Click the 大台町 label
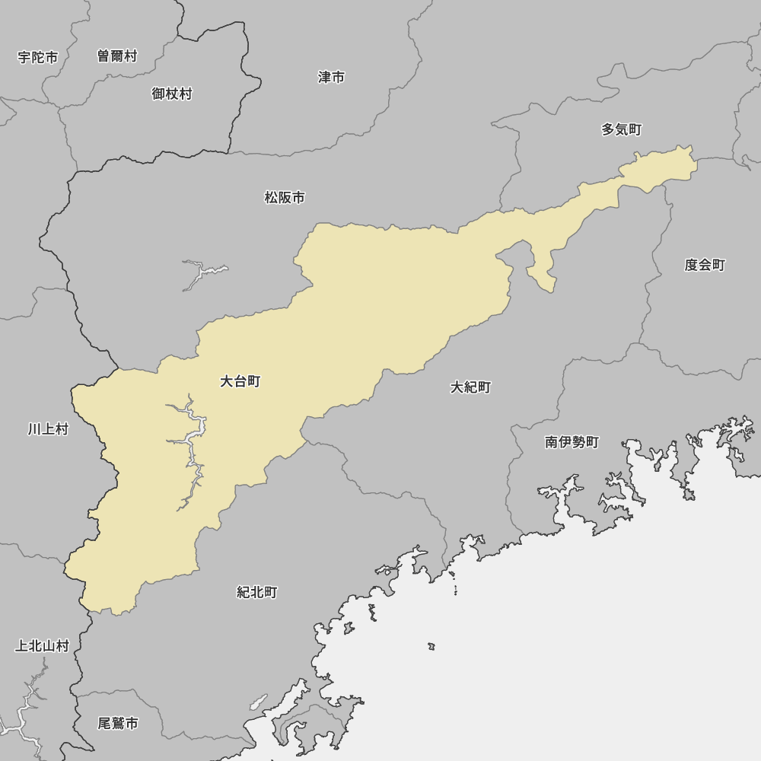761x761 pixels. point(240,381)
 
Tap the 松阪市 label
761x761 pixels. point(285,198)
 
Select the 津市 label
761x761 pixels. point(331,77)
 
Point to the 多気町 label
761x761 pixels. point(621,129)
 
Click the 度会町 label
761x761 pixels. point(704,265)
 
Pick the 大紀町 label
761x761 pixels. point(470,387)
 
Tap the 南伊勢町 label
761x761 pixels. point(572,442)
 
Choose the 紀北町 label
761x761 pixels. point(256,592)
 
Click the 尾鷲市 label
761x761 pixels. point(118,723)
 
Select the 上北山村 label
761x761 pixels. point(42,646)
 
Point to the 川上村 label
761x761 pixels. point(48,429)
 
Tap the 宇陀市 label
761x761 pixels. point(38,57)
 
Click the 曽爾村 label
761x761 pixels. point(117,56)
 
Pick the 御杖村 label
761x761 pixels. point(171,94)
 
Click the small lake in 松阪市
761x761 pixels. point(201,272)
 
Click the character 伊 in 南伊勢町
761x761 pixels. point(565,442)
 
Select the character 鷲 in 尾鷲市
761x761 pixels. point(118,723)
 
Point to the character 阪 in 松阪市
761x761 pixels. point(285,198)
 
